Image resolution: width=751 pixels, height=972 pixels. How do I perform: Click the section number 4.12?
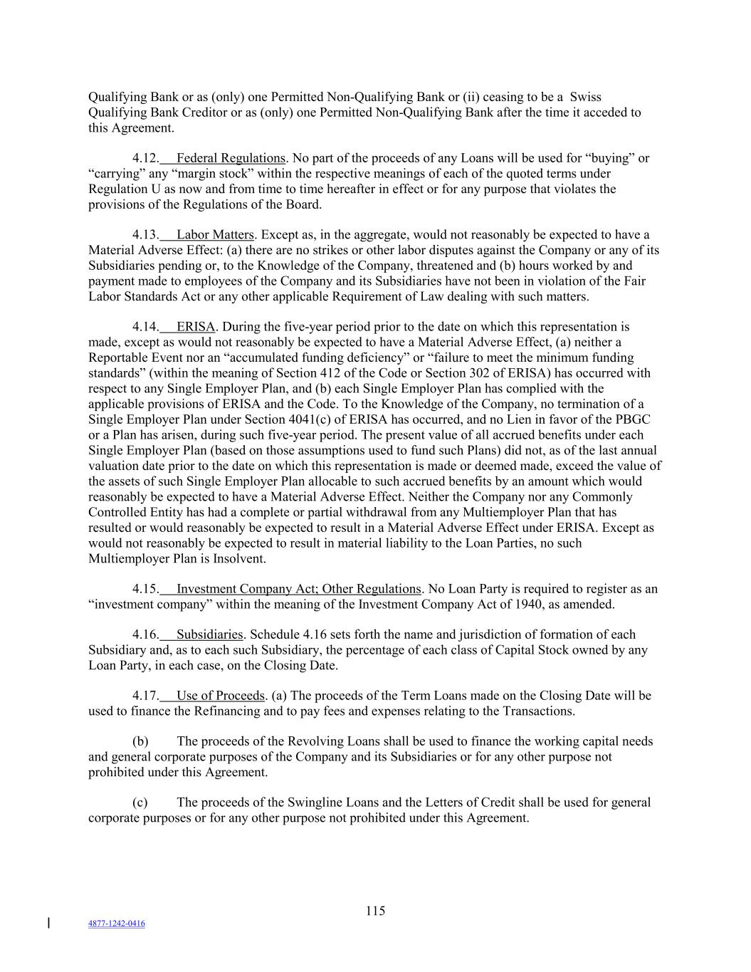click(x=145, y=158)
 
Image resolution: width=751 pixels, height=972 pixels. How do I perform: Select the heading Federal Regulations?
click(x=231, y=158)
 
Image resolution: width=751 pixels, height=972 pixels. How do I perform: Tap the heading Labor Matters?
click(x=215, y=235)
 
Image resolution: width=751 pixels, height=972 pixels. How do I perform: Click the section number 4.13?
click(x=145, y=235)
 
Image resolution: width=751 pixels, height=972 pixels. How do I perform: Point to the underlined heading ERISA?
click(x=195, y=328)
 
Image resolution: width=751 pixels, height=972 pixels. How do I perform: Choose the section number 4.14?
click(x=145, y=328)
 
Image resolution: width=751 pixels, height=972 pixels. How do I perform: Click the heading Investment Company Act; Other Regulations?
click(x=299, y=590)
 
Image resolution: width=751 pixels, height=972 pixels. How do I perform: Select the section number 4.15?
click(x=145, y=590)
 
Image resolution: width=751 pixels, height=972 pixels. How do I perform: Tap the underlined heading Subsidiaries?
click(x=210, y=635)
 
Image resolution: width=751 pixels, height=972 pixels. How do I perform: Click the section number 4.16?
click(x=145, y=635)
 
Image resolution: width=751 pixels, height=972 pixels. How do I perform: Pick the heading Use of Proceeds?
click(x=221, y=696)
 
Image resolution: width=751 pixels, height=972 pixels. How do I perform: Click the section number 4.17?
click(x=145, y=696)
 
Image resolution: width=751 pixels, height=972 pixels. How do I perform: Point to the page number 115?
click(x=375, y=911)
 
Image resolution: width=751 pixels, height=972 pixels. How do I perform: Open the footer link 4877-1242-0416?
click(x=116, y=924)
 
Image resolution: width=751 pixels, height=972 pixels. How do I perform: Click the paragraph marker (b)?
click(x=140, y=742)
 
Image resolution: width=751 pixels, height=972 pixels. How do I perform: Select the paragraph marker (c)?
click(x=140, y=803)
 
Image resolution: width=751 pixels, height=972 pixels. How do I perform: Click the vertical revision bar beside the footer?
click(x=48, y=924)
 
